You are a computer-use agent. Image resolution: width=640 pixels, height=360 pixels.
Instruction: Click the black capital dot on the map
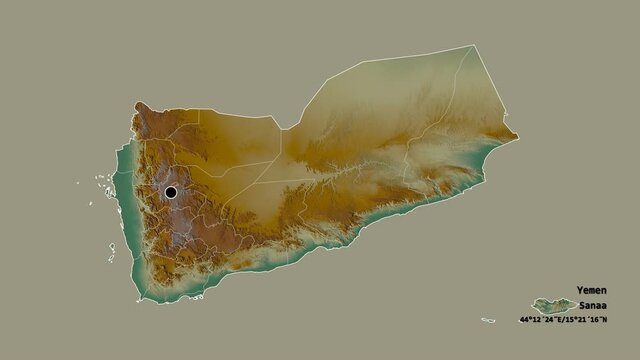[x=171, y=191]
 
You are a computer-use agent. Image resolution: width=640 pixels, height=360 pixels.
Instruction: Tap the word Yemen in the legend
[x=591, y=290]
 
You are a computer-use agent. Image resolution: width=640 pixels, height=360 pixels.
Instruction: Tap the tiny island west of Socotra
[x=488, y=320]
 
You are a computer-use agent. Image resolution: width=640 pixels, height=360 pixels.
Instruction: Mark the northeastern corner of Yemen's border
[x=473, y=46]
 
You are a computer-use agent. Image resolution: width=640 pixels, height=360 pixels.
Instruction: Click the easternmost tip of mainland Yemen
[x=517, y=136]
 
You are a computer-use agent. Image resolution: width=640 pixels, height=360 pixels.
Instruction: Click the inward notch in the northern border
[x=284, y=128]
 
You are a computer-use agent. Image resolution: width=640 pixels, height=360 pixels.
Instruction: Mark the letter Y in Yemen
[x=579, y=290]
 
